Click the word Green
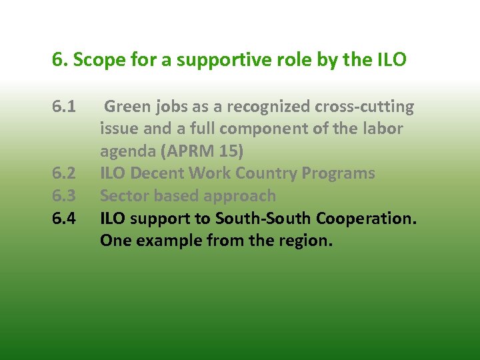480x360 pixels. click(x=128, y=107)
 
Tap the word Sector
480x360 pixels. click(x=123, y=196)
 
